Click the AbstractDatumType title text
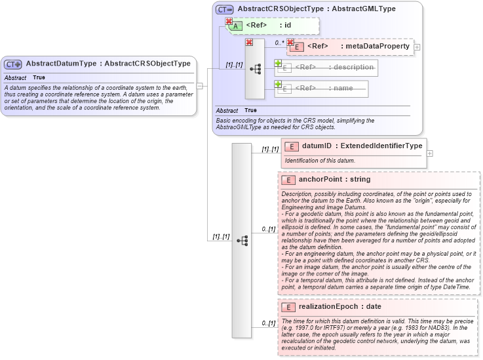pyautogui.click(x=108, y=64)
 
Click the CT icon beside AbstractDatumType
pyautogui.click(x=13, y=64)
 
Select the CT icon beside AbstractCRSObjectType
pyautogui.click(x=225, y=9)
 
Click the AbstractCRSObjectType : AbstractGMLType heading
pyautogui.click(x=316, y=9)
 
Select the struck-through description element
pyautogui.click(x=334, y=68)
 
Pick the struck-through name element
pyautogui.click(x=324, y=89)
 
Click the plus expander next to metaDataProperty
pyautogui.click(x=417, y=47)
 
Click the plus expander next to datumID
pyautogui.click(x=429, y=153)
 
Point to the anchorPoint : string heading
pyautogui.click(x=334, y=179)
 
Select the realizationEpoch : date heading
pyautogui.click(x=344, y=307)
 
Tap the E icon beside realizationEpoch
pyautogui.click(x=288, y=307)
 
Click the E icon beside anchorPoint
pyautogui.click(x=288, y=179)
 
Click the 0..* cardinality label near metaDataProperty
pyautogui.click(x=280, y=43)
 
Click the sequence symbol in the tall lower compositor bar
pyautogui.click(x=242, y=241)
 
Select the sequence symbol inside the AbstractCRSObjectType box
pyautogui.click(x=255, y=68)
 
